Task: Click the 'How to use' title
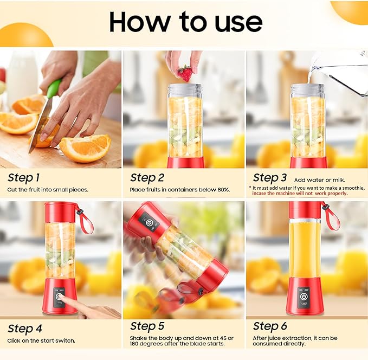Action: tap(185, 22)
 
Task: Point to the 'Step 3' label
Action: tap(270, 177)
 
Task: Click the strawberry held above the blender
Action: tap(185, 73)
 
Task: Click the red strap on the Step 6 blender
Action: tap(331, 215)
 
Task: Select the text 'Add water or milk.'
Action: tap(319, 179)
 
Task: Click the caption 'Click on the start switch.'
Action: tap(41, 340)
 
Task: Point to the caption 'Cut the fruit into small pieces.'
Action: tap(48, 190)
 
